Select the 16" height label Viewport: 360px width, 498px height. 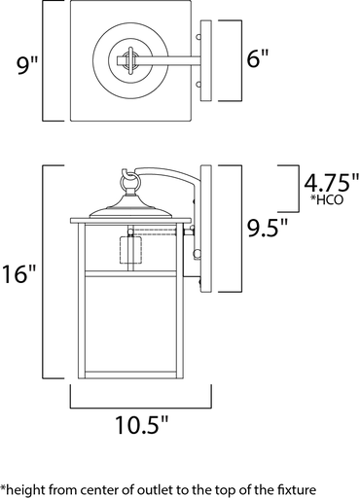pyautogui.click(x=21, y=272)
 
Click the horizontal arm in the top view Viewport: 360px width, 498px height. pyautogui.click(x=175, y=60)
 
